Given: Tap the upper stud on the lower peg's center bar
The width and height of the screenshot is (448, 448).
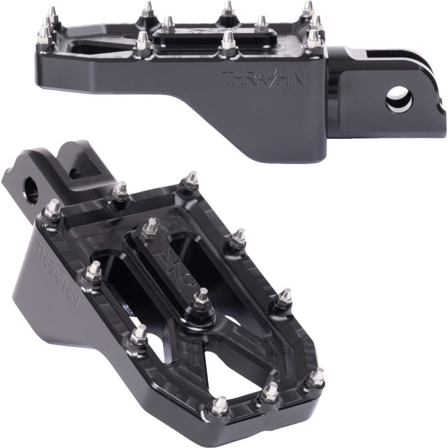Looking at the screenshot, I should point(150,227).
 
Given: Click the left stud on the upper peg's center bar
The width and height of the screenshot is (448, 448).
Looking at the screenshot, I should point(167,24).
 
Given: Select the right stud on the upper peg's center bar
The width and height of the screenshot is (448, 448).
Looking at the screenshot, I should point(260,24).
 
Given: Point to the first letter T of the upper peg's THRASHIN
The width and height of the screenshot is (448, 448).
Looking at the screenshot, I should point(227,77).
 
